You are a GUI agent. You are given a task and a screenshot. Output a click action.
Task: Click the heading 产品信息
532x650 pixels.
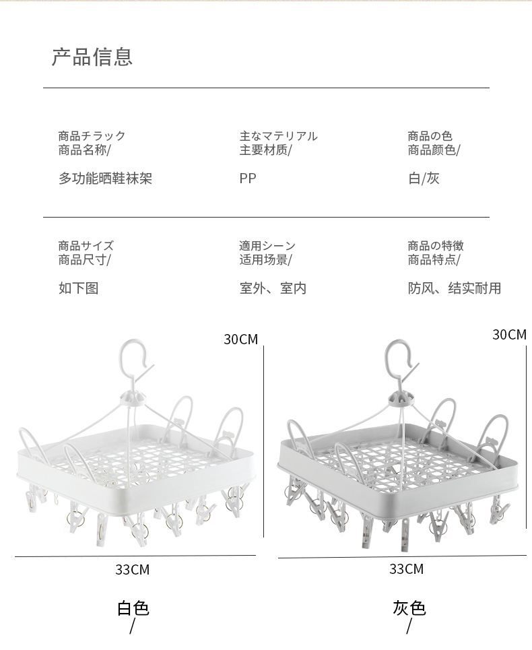point(92,57)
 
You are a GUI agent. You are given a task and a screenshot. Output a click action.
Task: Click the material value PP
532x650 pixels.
point(248,178)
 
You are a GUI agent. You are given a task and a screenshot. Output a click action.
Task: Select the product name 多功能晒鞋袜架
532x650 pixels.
point(105,178)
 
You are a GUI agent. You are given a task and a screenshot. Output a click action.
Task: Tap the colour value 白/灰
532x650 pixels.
point(424,178)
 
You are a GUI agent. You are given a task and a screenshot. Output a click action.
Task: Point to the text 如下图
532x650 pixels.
point(78,288)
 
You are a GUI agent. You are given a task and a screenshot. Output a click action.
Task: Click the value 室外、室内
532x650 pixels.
point(273,288)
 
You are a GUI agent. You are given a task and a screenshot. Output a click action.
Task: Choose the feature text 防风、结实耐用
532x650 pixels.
point(455,288)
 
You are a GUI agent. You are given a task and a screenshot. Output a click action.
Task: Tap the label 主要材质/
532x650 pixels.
point(265,150)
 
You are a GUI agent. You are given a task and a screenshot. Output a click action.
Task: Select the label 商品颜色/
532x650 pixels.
point(434,150)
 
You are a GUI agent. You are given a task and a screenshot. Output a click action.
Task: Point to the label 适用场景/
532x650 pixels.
point(265,260)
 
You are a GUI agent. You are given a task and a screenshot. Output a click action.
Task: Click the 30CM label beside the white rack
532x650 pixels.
point(240,339)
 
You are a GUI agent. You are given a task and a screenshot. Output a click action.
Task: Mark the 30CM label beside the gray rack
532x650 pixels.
point(509,335)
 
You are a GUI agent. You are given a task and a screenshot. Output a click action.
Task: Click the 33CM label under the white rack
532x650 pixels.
point(132,570)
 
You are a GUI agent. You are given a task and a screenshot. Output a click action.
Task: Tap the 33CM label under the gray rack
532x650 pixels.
point(406,569)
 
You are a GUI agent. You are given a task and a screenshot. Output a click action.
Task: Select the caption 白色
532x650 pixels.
point(133,609)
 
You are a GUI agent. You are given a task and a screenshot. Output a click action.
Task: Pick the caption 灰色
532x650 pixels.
point(409,609)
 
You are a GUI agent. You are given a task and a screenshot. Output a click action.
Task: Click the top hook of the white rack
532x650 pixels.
point(132,355)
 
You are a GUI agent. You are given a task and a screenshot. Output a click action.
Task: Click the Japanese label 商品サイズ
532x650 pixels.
point(86,246)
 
